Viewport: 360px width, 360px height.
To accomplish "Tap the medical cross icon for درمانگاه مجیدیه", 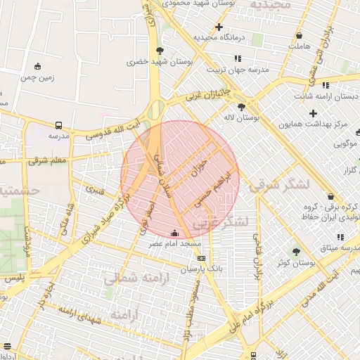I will [219, 27].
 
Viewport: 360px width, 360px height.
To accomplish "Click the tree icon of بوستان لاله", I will [243, 107].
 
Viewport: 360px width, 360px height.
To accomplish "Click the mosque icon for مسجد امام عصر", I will [174, 233].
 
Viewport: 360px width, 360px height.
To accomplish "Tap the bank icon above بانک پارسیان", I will [201, 259].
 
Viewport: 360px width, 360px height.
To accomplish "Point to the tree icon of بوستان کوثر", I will [296, 252].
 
